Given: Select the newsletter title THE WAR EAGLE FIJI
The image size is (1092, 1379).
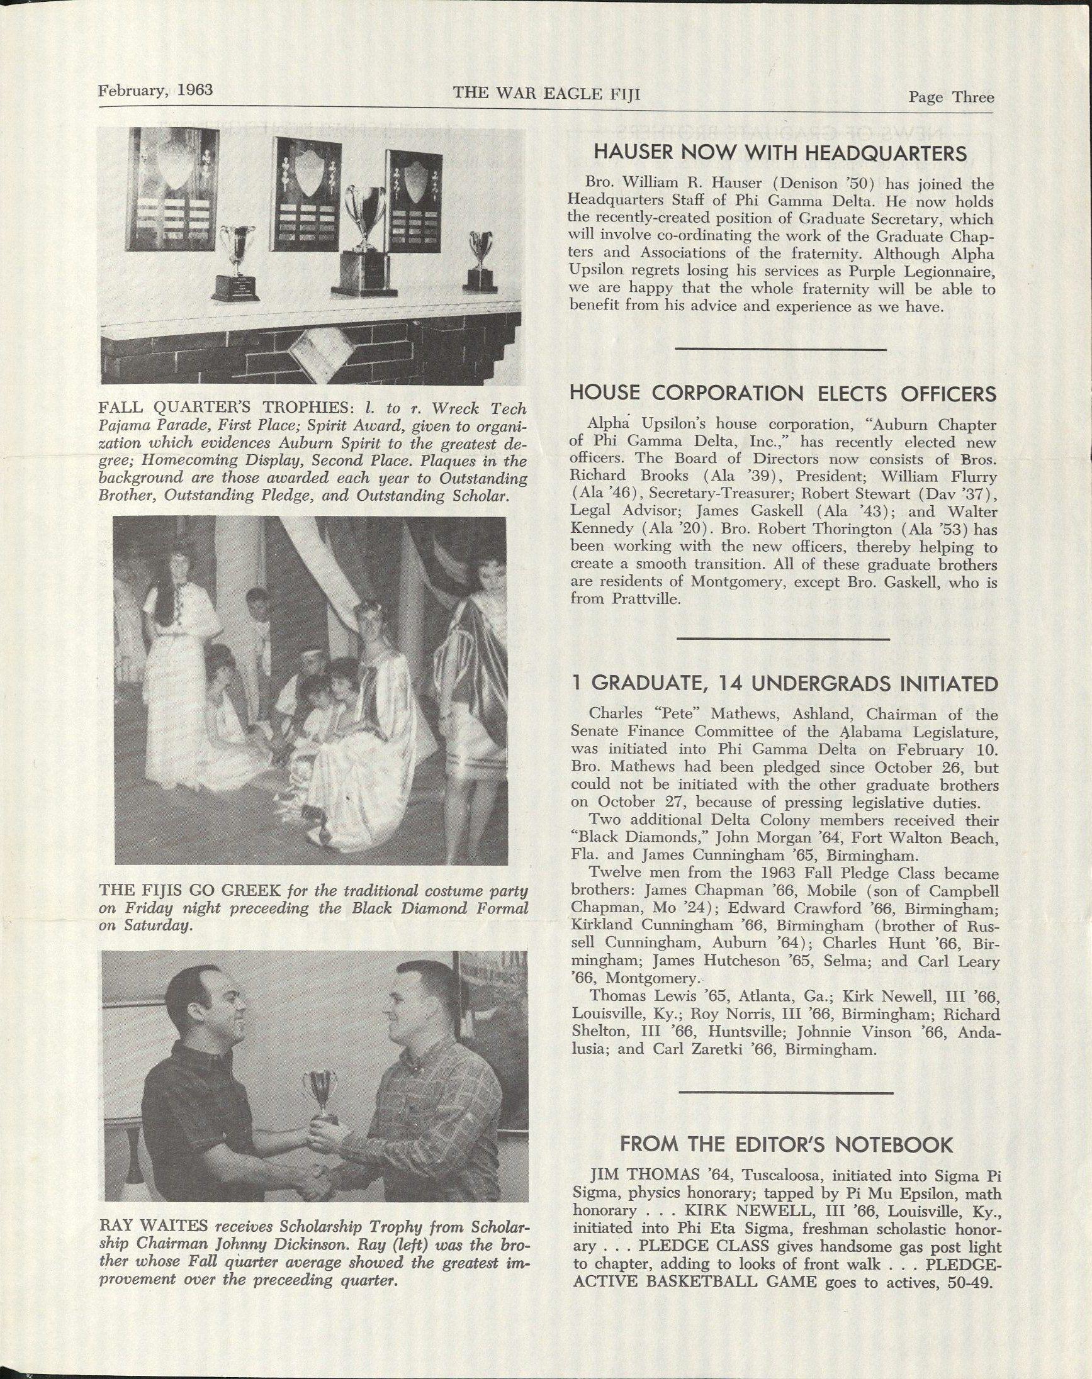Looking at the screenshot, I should pyautogui.click(x=547, y=94).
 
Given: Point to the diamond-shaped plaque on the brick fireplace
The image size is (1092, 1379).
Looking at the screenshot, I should pyautogui.click(x=313, y=350).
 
